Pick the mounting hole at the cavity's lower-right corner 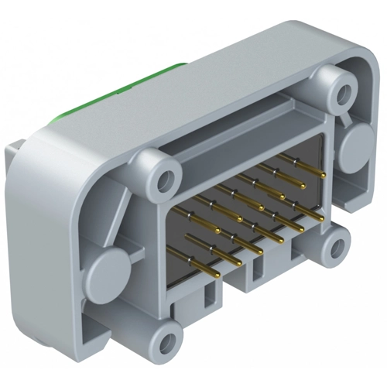334,247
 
